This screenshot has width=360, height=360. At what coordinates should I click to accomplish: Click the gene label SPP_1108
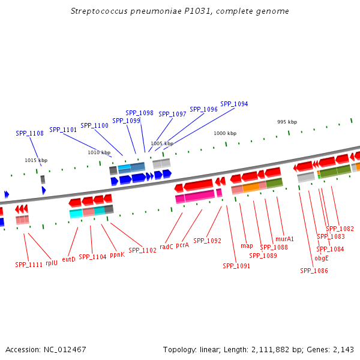click(x=29, y=133)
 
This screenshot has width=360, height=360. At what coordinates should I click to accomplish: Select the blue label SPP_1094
click(x=234, y=104)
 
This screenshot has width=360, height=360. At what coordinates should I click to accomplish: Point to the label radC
click(x=166, y=246)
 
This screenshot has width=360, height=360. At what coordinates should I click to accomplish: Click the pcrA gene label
click(x=182, y=245)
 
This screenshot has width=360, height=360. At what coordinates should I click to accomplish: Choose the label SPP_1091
click(x=236, y=266)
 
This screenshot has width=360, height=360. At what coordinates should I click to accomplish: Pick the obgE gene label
click(x=322, y=259)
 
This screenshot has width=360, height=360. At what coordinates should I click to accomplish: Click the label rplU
click(x=52, y=262)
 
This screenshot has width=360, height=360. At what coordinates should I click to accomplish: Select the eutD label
click(x=69, y=259)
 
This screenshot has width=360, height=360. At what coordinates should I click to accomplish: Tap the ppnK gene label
click(x=117, y=254)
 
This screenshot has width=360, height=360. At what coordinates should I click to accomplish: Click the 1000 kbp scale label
click(x=225, y=133)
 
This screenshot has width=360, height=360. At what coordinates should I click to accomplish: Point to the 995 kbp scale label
click(x=287, y=122)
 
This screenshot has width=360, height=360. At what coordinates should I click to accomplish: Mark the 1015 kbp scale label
click(x=36, y=160)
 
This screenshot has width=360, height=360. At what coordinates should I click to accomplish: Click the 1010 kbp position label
click(x=99, y=152)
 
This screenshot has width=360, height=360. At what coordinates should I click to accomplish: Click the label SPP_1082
click(x=340, y=229)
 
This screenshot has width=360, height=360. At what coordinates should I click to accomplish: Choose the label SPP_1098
click(x=139, y=113)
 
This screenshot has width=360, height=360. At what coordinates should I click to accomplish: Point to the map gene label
click(x=247, y=245)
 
